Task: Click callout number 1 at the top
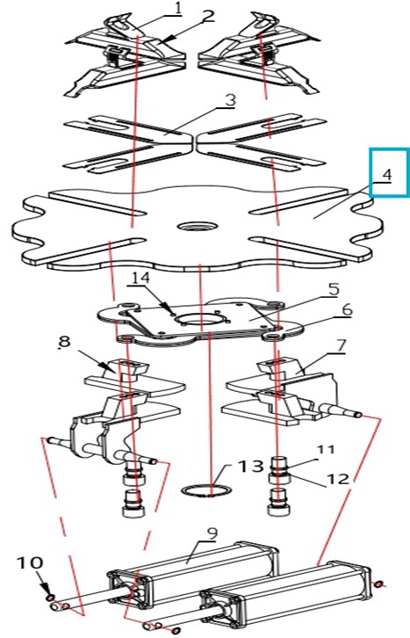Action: (177, 9)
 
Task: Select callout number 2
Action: (207, 17)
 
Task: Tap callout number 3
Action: (230, 100)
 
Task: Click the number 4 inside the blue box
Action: (387, 175)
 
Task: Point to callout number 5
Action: (334, 290)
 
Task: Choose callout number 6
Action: (347, 310)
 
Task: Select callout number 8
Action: (65, 342)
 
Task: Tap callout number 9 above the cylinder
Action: (212, 533)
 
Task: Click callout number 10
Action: (30, 563)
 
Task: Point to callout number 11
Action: (326, 450)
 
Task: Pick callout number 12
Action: (338, 479)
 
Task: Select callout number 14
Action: (140, 279)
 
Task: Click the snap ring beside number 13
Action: (207, 489)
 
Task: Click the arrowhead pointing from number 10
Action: (47, 590)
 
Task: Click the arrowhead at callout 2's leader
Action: (169, 39)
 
